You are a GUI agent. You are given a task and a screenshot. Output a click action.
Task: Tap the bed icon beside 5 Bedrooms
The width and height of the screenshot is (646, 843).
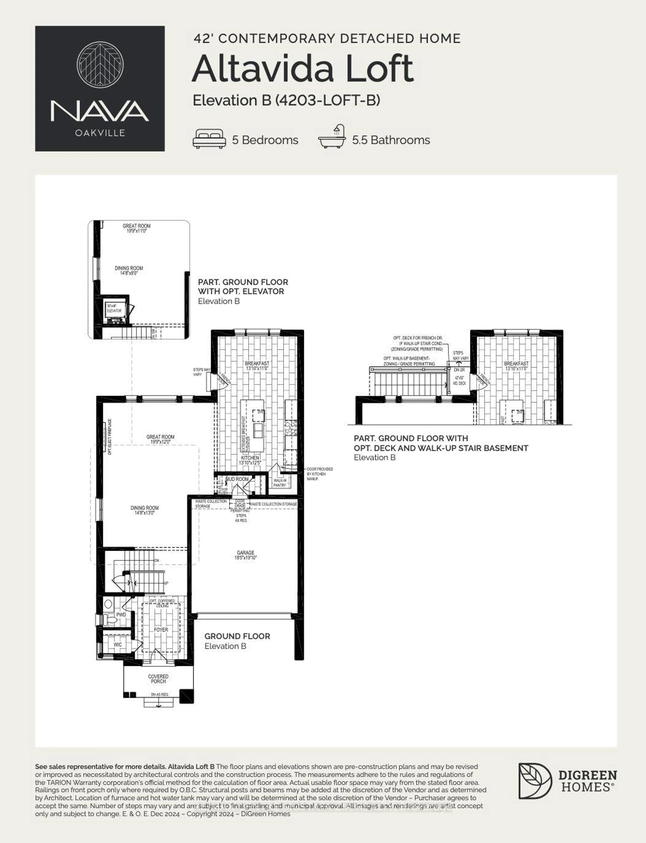tap(209, 139)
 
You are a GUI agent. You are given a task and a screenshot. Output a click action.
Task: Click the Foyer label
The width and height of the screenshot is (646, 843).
tap(161, 630)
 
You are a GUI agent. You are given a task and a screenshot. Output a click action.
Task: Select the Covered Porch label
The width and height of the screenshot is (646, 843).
tap(158, 679)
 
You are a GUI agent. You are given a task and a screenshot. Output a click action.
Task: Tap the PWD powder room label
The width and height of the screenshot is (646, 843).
tap(121, 615)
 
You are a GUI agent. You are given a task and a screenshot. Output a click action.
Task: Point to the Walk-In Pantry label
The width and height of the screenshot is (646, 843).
tap(280, 483)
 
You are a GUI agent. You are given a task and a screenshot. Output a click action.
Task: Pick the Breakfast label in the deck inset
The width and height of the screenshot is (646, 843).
tap(516, 366)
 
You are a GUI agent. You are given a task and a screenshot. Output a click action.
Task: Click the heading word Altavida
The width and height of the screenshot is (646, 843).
tap(263, 69)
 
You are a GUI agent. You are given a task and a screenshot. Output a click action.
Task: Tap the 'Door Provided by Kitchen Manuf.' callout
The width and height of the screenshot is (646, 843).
tap(319, 474)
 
